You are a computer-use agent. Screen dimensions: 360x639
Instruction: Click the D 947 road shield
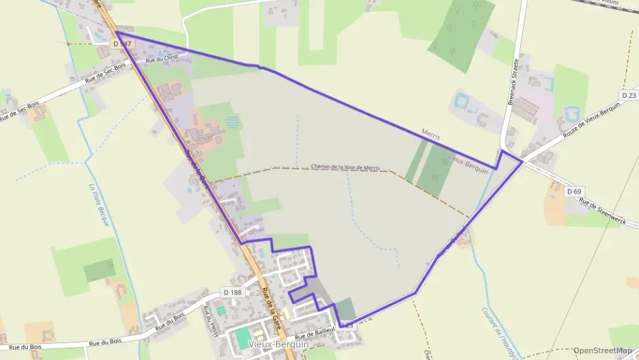[122, 44]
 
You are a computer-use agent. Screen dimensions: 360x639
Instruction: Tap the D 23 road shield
[628, 94]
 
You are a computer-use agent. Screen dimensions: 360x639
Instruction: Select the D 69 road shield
[573, 192]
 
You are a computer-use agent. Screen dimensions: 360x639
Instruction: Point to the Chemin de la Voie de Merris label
[345, 167]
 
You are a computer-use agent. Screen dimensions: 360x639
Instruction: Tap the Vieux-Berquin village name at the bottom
[279, 345]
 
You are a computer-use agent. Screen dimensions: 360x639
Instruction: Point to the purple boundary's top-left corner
[116, 31]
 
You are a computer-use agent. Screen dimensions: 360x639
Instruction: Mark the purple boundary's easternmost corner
[522, 162]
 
